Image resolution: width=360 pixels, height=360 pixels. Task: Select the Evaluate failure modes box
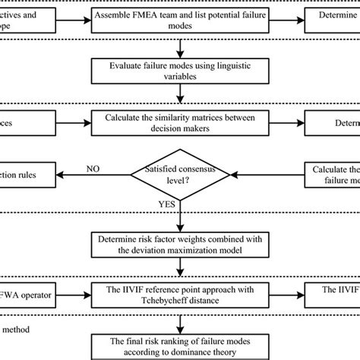[179, 72]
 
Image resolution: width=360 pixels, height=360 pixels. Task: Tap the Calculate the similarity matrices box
[179, 123]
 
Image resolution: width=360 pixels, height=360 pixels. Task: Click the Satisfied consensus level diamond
[180, 174]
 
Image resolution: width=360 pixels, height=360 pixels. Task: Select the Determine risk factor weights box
[179, 245]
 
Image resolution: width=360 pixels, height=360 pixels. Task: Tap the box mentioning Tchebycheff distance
[179, 295]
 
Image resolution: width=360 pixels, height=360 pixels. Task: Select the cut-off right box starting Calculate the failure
[333, 174]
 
